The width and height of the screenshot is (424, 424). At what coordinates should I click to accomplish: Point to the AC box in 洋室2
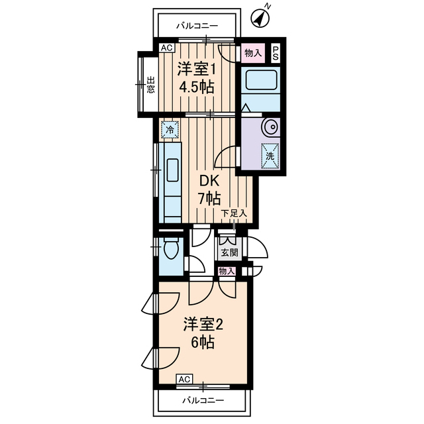click(x=185, y=378)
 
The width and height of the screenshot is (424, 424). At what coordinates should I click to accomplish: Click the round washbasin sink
click(x=270, y=127)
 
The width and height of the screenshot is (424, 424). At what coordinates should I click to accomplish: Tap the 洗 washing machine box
click(x=270, y=156)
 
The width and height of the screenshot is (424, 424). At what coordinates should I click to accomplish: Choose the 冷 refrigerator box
click(x=170, y=130)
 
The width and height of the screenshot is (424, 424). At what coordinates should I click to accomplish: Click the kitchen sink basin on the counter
click(x=170, y=169)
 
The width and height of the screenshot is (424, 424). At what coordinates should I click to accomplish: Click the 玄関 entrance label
click(x=229, y=252)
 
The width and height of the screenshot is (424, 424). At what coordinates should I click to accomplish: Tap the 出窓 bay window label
click(x=150, y=85)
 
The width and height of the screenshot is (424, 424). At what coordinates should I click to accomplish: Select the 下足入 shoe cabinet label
click(x=235, y=213)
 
